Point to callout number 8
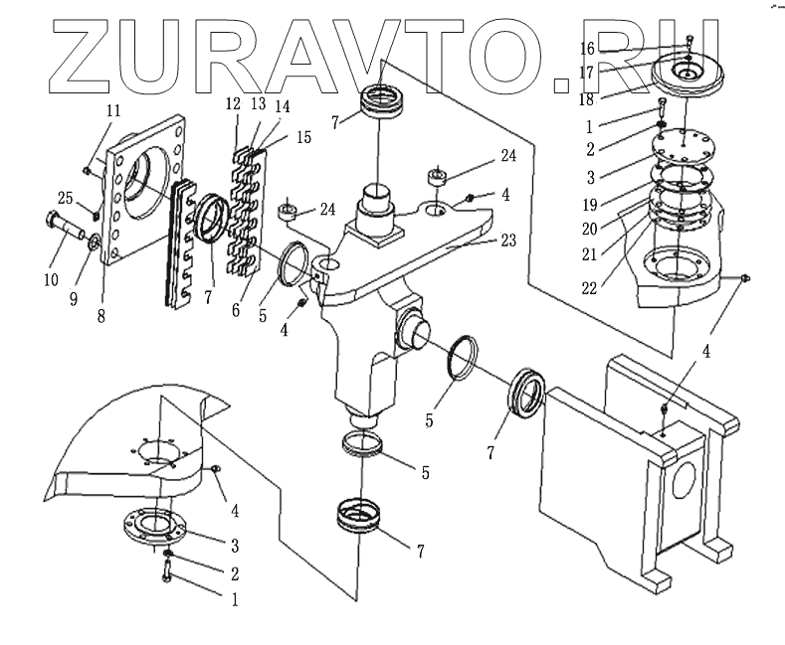click(100, 316)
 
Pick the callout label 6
click(235, 310)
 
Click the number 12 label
click(234, 104)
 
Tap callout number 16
click(588, 49)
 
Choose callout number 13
click(257, 104)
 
